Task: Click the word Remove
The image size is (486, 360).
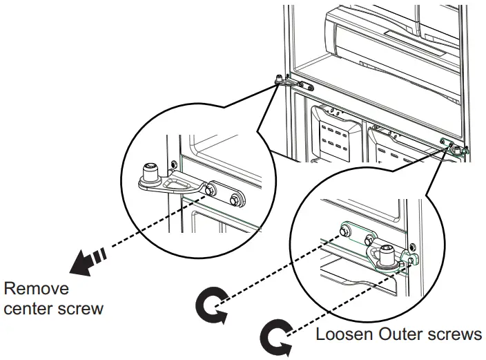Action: click(37, 289)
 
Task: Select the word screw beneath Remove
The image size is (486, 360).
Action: click(81, 310)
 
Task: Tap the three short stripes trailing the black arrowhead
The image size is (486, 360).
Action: click(100, 254)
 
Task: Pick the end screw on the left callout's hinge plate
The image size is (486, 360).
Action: click(235, 198)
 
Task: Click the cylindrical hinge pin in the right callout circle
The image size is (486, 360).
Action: click(387, 255)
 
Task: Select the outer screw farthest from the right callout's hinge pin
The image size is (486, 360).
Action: click(344, 231)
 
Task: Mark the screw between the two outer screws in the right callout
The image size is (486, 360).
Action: click(369, 240)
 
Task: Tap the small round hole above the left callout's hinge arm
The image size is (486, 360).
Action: click(173, 163)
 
